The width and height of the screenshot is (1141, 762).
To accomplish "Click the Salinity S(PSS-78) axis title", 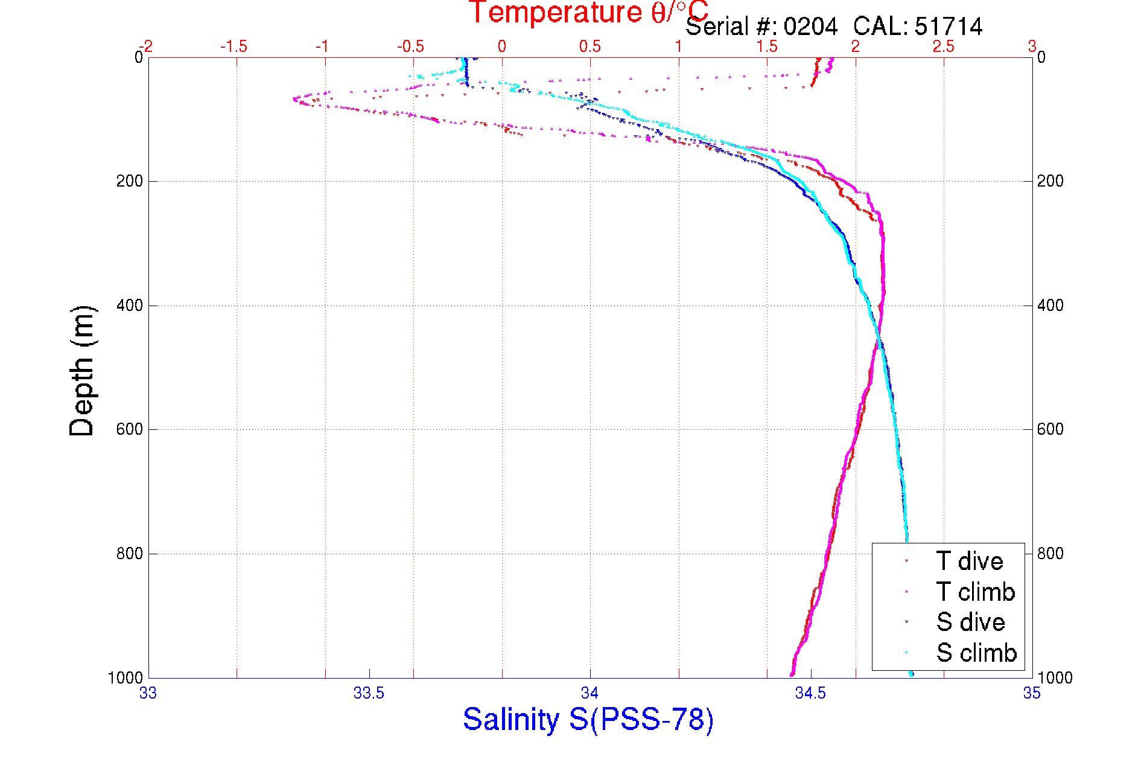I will coord(588,719).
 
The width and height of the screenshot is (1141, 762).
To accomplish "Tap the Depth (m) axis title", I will coord(82,371).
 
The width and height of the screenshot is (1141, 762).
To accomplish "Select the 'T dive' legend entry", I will coord(969,562).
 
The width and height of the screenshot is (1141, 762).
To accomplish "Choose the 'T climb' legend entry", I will coord(975,592).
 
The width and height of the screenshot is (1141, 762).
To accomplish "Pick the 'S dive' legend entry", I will coord(970,622).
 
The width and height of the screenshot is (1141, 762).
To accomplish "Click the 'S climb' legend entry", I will coord(976,653).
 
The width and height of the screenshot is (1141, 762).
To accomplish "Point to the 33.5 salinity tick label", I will coord(369,693).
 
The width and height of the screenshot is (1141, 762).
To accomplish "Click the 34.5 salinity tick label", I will coord(810,693).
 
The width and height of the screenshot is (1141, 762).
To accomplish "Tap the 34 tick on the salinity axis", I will coord(590,693).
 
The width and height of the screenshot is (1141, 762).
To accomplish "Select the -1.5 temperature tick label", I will coord(234,46).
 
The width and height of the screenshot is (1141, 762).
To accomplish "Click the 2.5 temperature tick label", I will coord(944,46).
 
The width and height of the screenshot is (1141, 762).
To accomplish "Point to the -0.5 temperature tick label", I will coord(410,46).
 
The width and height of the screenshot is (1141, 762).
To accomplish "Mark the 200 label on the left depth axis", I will coord(129,181).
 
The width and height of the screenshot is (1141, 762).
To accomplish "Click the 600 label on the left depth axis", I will coord(129,429).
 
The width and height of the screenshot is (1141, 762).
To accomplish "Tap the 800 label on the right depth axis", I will coord(1050,554).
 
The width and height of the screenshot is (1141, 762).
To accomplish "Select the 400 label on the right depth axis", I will coord(1050,306).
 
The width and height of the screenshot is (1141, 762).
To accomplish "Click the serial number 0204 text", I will coord(810,27).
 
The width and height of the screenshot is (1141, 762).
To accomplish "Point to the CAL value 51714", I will coord(949,27).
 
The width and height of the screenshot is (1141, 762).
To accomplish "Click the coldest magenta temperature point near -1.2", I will coord(294,98).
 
